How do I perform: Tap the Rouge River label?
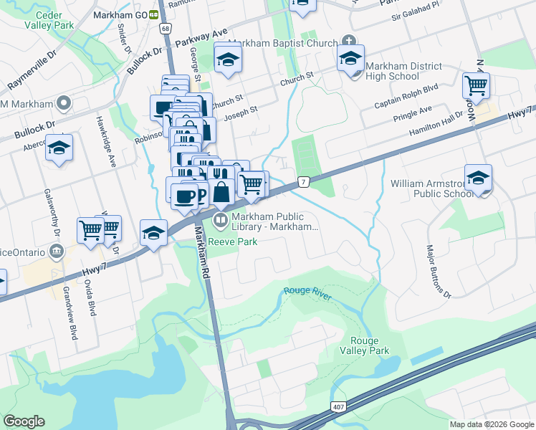(x=307, y=292)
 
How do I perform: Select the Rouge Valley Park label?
(x=369, y=345)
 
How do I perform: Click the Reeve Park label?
(x=233, y=242)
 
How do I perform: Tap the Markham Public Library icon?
(x=221, y=219)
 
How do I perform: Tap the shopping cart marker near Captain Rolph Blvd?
(x=476, y=85)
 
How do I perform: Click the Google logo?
(x=24, y=421)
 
